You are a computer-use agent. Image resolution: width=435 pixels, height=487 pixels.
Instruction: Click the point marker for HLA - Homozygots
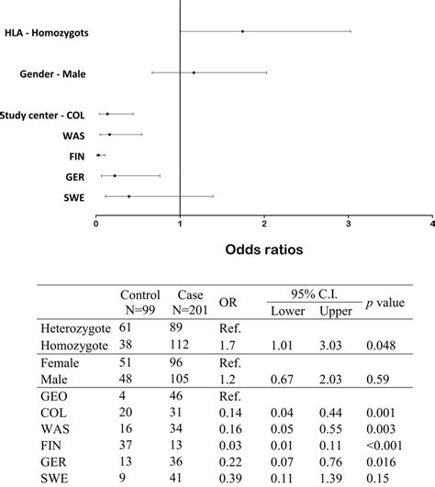pos(242,31)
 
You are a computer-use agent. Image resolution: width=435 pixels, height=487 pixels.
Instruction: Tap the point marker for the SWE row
pos(129,196)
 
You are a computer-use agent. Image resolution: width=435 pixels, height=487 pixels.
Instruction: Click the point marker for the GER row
pos(115,175)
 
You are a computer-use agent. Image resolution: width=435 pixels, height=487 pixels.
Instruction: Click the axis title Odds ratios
pos(264,248)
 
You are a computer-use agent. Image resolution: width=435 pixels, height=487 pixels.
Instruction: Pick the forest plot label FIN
pos(77,156)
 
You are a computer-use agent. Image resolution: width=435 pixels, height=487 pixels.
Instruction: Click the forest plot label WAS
pos(75,135)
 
